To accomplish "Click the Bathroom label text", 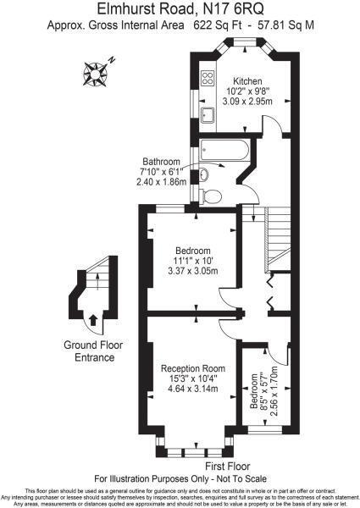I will (161, 162).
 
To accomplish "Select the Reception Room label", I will (193, 368).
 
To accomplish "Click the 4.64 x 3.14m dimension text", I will (193, 389).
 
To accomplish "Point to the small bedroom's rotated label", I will (263, 392).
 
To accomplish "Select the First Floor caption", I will (227, 466).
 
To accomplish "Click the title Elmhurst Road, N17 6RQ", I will (180, 8).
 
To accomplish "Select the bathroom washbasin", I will (204, 175).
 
